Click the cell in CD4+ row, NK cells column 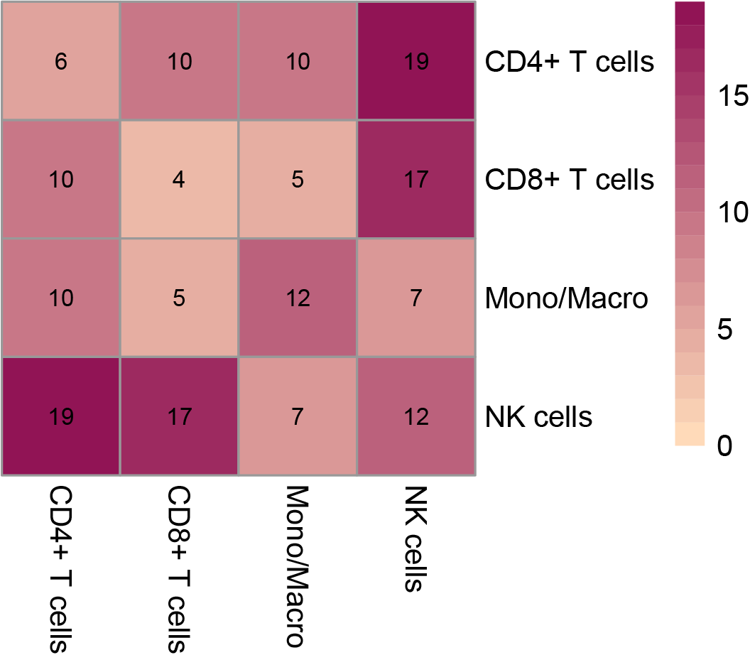click(415, 61)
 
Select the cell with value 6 click(61, 61)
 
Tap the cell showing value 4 click(179, 180)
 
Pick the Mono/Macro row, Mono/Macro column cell click(298, 298)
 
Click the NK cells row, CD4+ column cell click(61, 416)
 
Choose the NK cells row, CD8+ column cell click(179, 416)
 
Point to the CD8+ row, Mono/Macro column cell click(298, 180)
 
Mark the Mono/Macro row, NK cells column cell click(415, 298)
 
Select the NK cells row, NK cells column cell click(415, 416)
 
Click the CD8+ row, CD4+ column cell click(61, 180)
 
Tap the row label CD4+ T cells click(568, 63)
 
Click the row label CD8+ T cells click(568, 180)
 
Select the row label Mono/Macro click(566, 298)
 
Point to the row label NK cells click(538, 416)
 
